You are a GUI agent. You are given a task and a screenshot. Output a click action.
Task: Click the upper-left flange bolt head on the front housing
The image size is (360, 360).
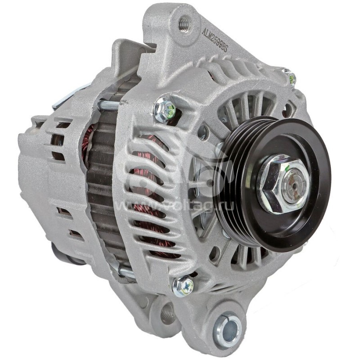(x=164, y=108)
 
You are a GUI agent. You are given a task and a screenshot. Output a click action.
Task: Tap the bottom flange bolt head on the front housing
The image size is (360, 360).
(x=183, y=286)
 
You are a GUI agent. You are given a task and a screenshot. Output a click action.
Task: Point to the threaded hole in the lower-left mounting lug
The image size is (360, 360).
(x=167, y=311)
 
